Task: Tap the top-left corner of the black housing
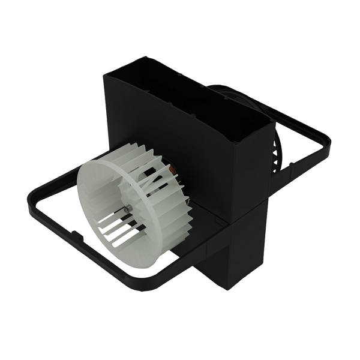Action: (106, 75)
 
